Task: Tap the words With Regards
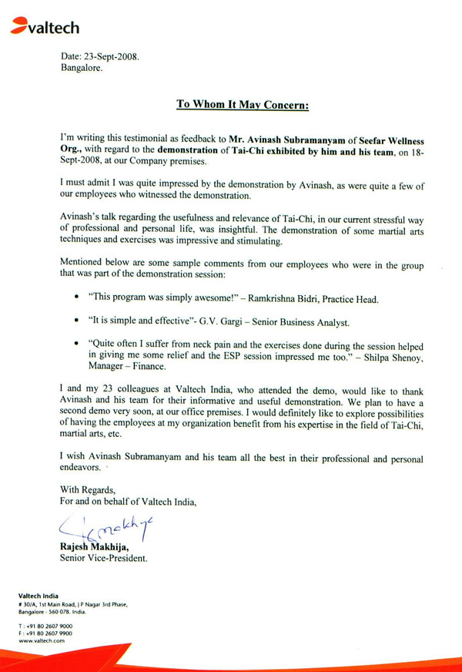pyautogui.click(x=87, y=489)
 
